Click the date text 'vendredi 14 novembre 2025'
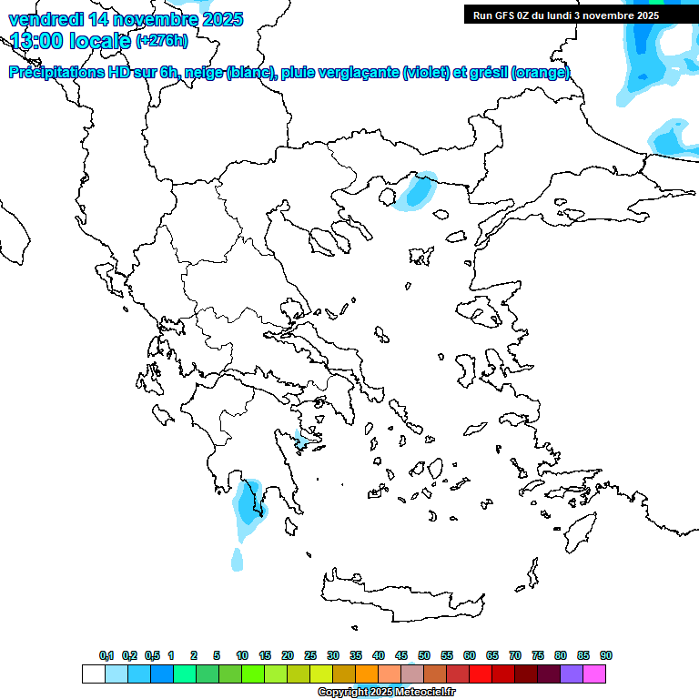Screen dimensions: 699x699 126,19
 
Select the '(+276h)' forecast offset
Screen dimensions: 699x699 162,40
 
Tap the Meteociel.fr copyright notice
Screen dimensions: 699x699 386,693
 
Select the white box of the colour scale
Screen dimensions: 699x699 93,674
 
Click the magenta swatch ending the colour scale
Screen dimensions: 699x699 594,674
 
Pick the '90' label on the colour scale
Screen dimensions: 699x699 606,655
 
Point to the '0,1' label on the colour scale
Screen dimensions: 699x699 106,655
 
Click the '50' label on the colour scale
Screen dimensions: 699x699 424,655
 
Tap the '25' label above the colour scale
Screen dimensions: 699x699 310,655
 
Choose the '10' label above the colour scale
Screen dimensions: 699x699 242,655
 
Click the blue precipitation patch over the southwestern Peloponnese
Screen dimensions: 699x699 247,503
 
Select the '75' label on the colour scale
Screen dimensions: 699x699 538,655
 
